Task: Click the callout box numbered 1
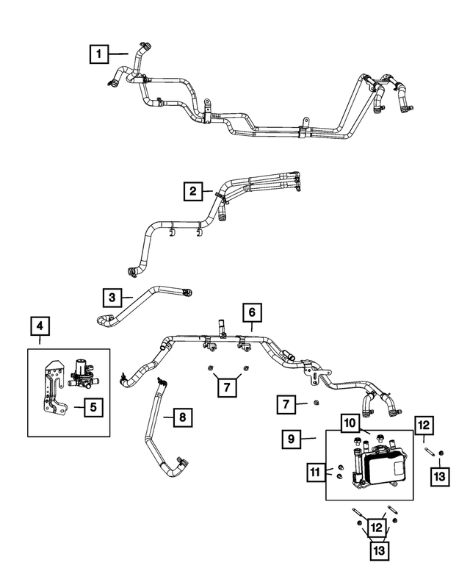tap(98, 54)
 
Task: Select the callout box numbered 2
tap(193, 192)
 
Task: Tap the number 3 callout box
tap(112, 297)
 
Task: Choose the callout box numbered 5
tap(93, 406)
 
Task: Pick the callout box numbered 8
tap(182, 418)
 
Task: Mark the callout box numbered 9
tap(292, 439)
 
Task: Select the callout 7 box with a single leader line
tap(286, 403)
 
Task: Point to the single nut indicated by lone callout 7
tap(315, 403)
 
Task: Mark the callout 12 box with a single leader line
tap(424, 424)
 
